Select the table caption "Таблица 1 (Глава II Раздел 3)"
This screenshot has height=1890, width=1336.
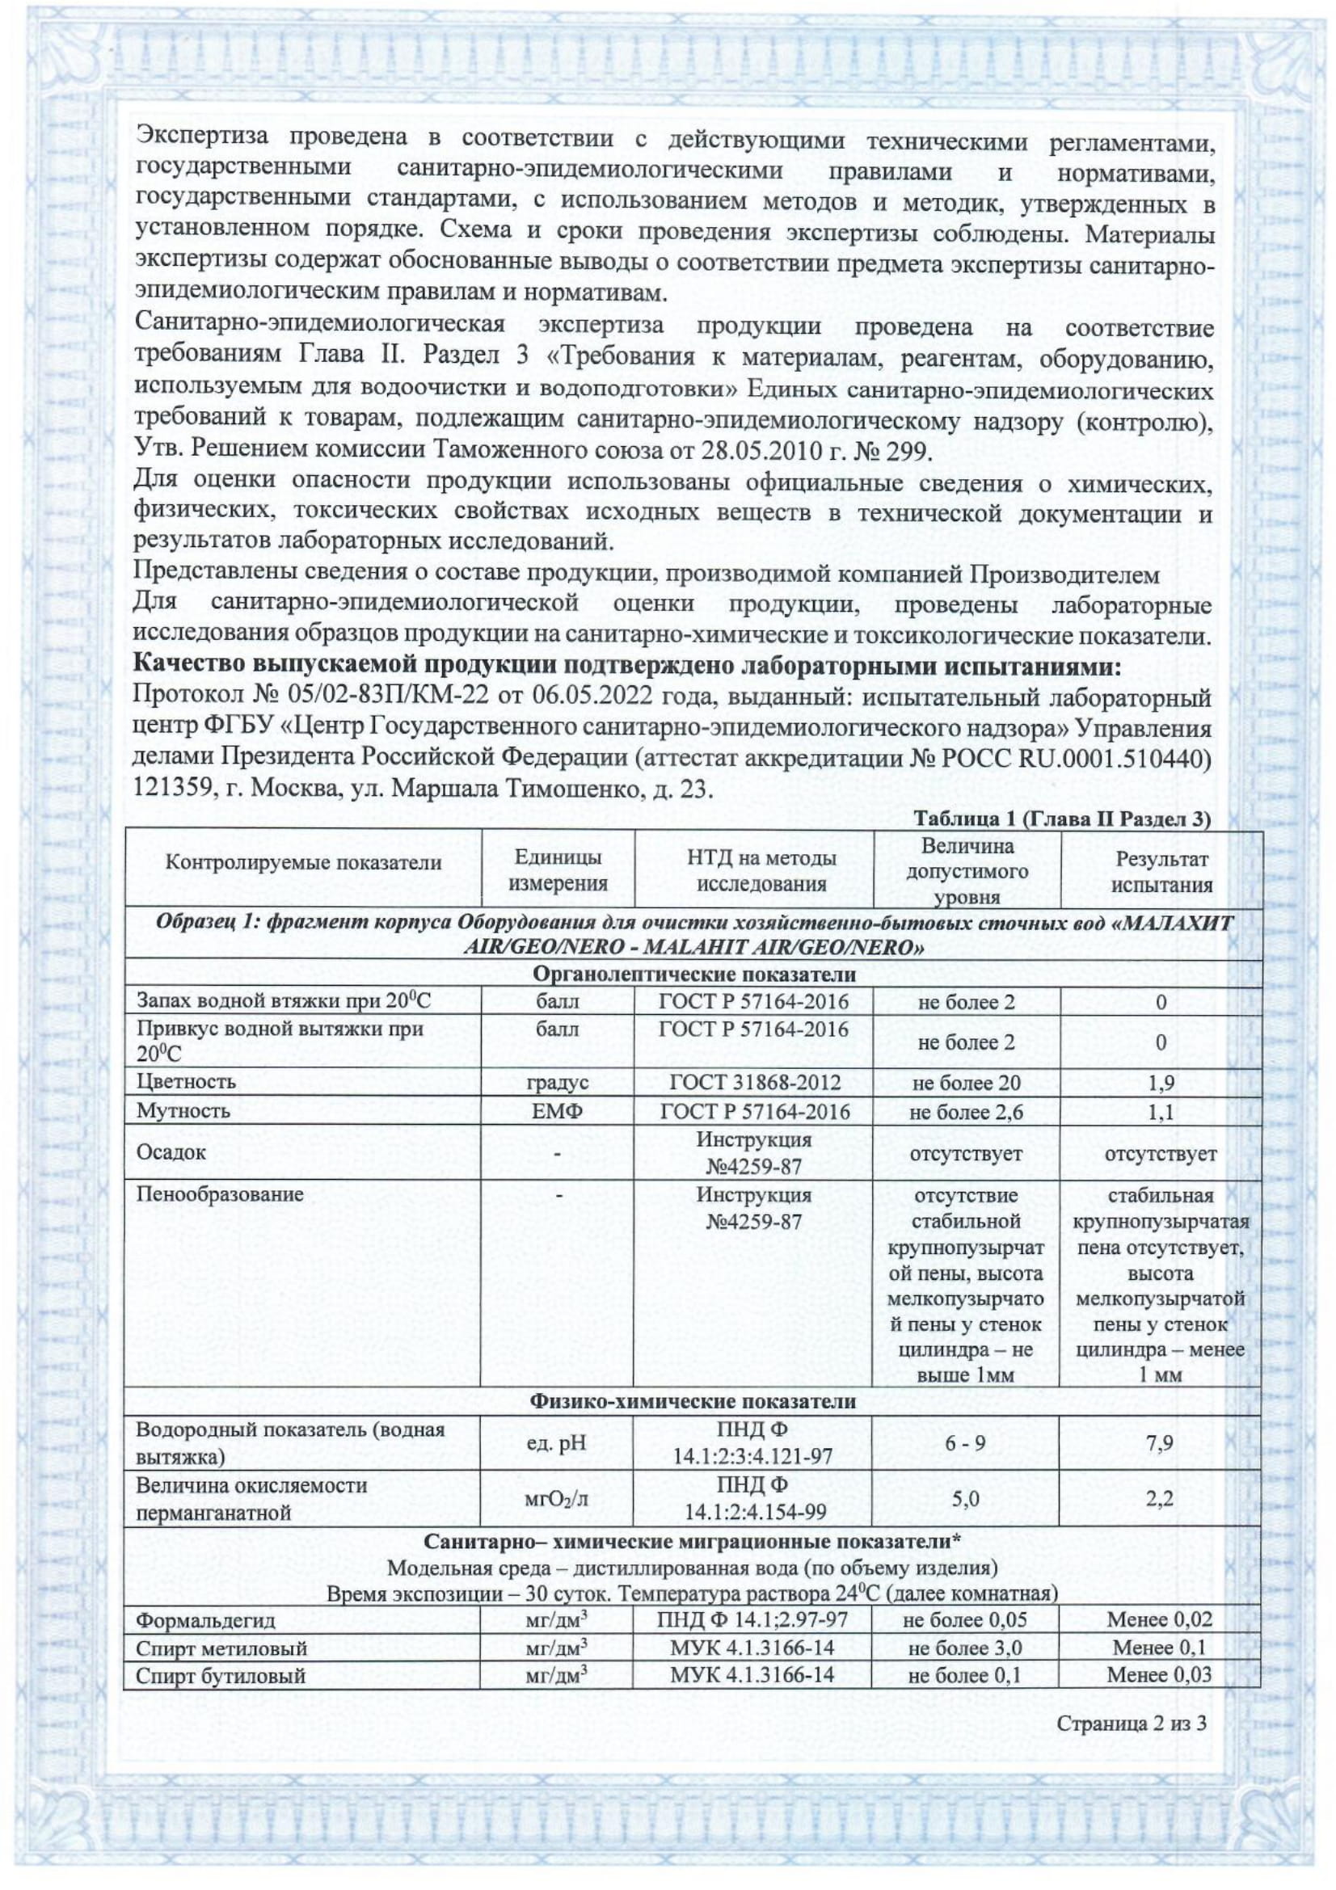coord(1062,820)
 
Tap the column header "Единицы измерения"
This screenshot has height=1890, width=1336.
coord(558,871)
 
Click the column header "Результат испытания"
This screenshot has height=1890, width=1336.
coord(1161,872)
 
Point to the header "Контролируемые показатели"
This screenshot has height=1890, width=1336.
coord(303,862)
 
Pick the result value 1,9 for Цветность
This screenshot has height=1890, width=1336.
coord(1161,1083)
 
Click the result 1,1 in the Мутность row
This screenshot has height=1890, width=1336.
coord(1161,1112)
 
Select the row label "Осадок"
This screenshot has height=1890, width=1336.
coord(171,1151)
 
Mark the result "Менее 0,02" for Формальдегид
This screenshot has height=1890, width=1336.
coord(1159,1619)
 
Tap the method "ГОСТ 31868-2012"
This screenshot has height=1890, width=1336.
coord(754,1083)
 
